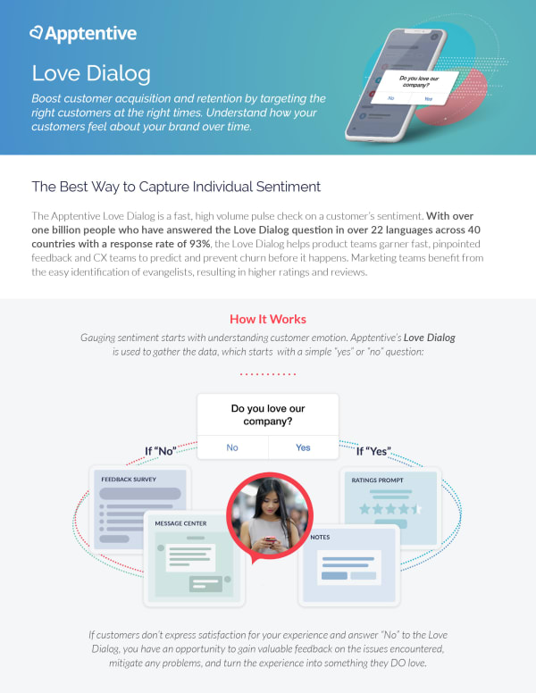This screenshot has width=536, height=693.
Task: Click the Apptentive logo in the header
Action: [x=82, y=34]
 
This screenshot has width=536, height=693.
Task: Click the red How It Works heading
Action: [x=267, y=319]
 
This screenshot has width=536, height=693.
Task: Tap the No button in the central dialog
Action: [x=232, y=447]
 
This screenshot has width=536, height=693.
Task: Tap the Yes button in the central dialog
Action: [x=303, y=447]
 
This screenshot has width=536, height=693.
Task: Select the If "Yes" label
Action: [x=374, y=450]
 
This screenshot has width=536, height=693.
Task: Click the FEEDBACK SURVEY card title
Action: [x=130, y=480]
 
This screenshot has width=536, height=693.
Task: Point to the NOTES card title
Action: [x=320, y=538]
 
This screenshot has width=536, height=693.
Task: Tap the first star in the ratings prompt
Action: [x=364, y=508]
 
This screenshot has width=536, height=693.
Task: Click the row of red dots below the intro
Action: [x=267, y=375]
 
